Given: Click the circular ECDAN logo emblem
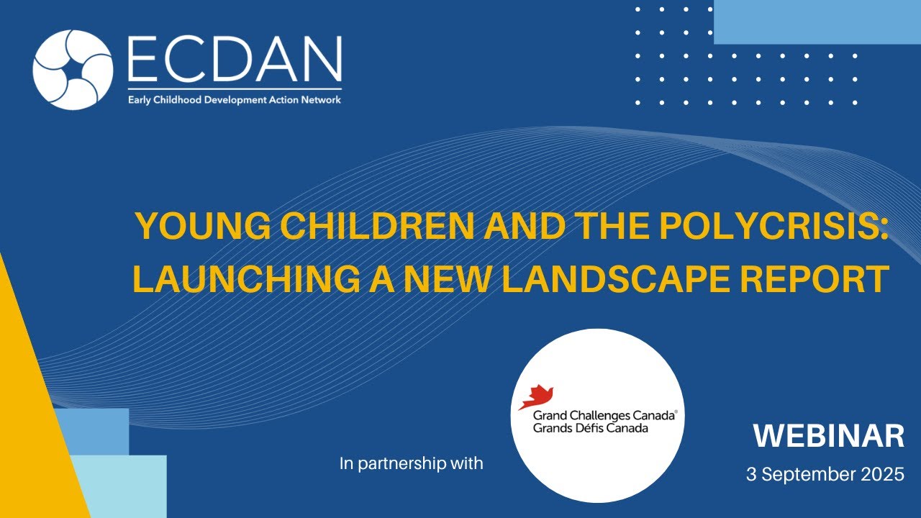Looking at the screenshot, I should [x=73, y=70].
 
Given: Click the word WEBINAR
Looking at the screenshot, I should [x=829, y=437].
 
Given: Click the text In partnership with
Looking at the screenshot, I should [x=411, y=463].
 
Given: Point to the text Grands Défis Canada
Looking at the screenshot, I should [x=591, y=428].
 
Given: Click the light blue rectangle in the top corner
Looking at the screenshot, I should [x=817, y=22].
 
